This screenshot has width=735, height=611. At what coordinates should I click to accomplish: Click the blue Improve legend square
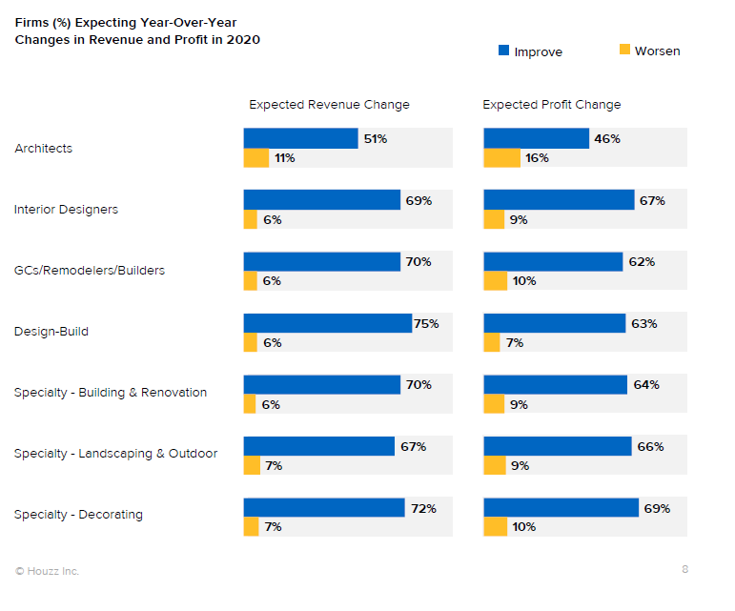(x=504, y=51)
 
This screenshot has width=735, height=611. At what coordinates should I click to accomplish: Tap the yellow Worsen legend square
(x=625, y=50)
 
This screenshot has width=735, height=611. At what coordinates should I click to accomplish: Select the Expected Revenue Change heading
(x=329, y=105)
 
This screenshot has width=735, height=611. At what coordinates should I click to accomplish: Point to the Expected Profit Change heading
(x=551, y=105)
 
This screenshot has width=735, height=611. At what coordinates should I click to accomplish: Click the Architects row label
(x=43, y=149)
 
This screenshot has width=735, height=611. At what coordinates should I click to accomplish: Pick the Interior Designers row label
(x=66, y=210)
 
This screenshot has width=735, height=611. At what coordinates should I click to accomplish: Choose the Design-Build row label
(x=51, y=332)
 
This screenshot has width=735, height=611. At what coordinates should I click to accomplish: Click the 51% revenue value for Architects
(x=375, y=139)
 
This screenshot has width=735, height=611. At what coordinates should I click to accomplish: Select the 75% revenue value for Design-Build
(x=426, y=324)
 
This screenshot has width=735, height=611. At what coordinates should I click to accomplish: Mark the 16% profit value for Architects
(x=537, y=158)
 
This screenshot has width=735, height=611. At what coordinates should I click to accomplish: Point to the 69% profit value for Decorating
(x=657, y=508)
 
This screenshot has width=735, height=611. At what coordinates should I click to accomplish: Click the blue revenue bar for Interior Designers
(x=321, y=200)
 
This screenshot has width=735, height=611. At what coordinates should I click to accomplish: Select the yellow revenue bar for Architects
(x=256, y=158)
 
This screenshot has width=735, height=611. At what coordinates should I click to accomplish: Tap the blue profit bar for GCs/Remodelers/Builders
(x=553, y=261)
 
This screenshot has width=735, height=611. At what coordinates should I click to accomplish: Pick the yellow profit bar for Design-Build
(x=492, y=342)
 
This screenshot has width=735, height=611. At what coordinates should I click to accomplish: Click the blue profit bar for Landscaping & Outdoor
(x=558, y=446)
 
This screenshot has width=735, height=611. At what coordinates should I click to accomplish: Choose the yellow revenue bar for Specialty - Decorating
(x=251, y=526)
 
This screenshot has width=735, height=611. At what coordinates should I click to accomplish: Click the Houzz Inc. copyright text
(x=47, y=571)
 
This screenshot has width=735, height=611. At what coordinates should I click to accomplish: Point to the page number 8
(x=684, y=569)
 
